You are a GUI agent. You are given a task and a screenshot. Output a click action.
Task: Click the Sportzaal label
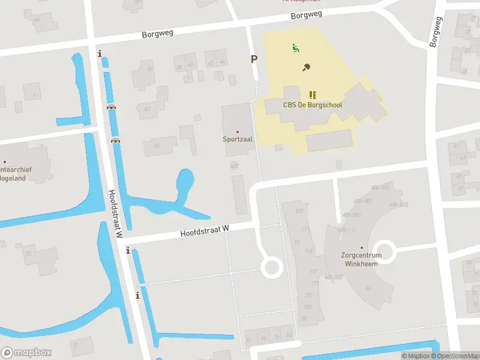[x=238, y=139]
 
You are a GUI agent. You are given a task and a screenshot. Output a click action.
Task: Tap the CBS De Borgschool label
[x=313, y=104]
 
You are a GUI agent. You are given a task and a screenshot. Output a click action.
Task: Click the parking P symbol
[x=254, y=59]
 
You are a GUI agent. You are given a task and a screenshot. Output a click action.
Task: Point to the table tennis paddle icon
[x=307, y=67]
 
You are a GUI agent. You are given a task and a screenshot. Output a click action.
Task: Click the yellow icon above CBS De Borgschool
[x=313, y=95]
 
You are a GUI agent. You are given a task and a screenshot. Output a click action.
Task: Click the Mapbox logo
[x=26, y=352]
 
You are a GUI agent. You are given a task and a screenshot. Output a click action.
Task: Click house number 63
[x=147, y=109]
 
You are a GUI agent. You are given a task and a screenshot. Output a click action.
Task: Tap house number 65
[x=157, y=146]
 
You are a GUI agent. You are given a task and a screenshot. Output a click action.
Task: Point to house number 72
[x=28, y=254]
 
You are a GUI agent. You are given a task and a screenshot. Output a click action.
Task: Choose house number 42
[x=209, y=62]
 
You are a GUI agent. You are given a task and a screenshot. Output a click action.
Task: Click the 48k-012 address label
[x=398, y=205]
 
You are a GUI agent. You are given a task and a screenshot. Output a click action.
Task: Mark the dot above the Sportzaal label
[x=238, y=131]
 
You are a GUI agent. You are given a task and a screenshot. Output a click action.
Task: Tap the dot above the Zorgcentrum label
[x=362, y=247]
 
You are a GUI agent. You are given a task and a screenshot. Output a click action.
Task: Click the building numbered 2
[x=75, y=345]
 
